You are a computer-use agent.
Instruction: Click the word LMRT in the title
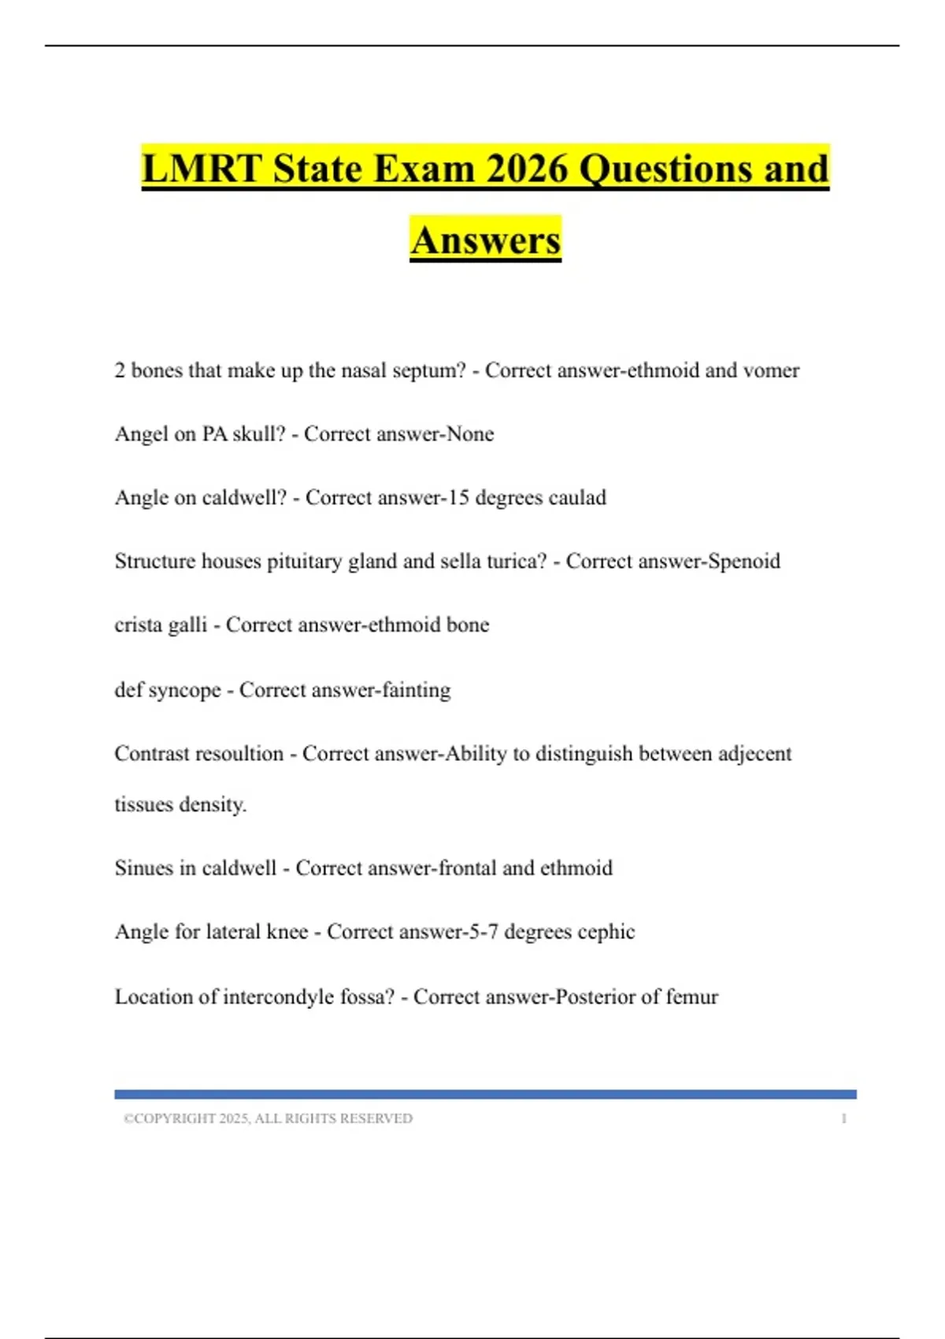(202, 169)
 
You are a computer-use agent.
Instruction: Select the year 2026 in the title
(527, 169)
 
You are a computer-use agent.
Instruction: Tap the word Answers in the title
(485, 240)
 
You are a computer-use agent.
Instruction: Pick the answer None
(470, 434)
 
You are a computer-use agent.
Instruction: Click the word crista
(139, 625)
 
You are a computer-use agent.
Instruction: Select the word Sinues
(143, 868)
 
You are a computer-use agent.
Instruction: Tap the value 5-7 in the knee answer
(483, 932)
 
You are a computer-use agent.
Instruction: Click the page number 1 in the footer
(843, 1118)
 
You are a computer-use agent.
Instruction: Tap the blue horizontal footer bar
(485, 1094)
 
